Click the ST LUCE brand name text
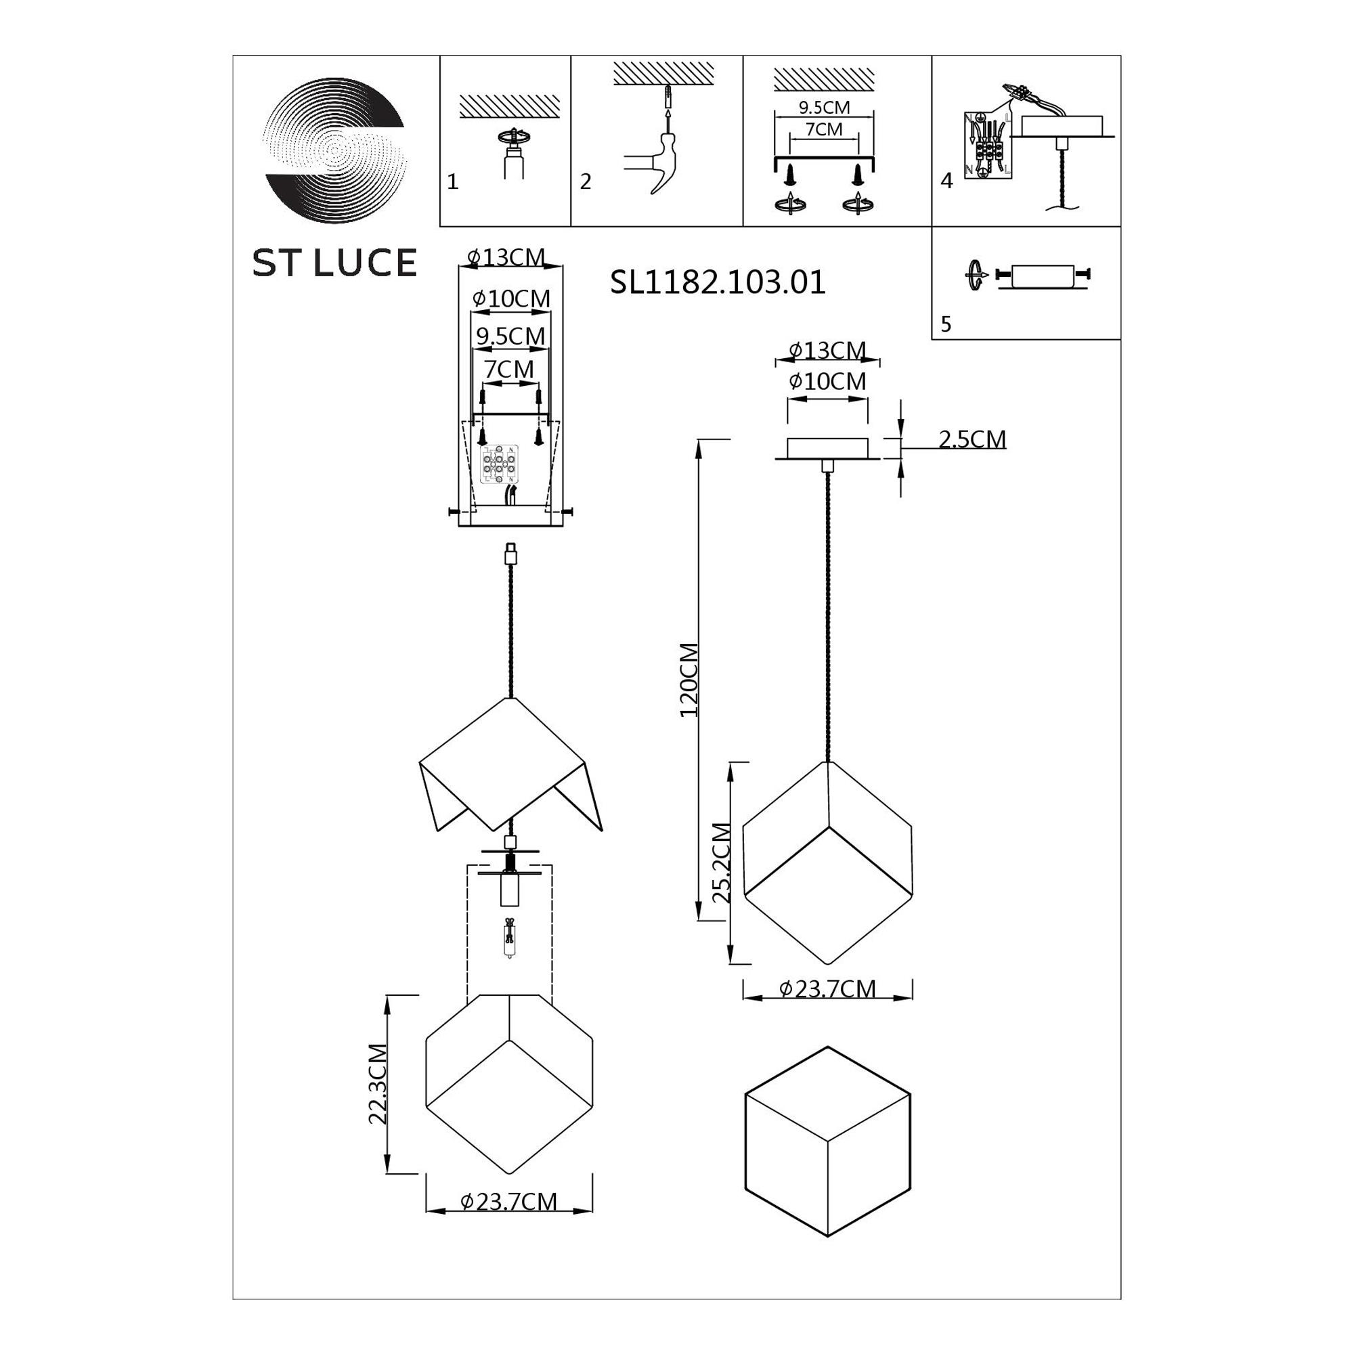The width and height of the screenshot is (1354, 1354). (334, 263)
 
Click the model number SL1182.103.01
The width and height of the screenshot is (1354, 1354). (718, 282)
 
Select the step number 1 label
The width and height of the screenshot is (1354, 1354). (453, 182)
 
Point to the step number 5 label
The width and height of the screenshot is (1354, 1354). (946, 324)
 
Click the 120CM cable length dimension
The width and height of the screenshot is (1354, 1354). (689, 680)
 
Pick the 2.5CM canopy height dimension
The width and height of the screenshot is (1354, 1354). (971, 439)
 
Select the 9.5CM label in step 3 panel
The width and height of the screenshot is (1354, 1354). (824, 107)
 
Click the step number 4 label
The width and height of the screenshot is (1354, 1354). (947, 181)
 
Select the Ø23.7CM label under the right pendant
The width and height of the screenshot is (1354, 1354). (828, 989)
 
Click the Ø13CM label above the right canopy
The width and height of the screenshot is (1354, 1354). (827, 350)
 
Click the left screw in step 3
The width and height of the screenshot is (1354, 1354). (790, 175)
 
